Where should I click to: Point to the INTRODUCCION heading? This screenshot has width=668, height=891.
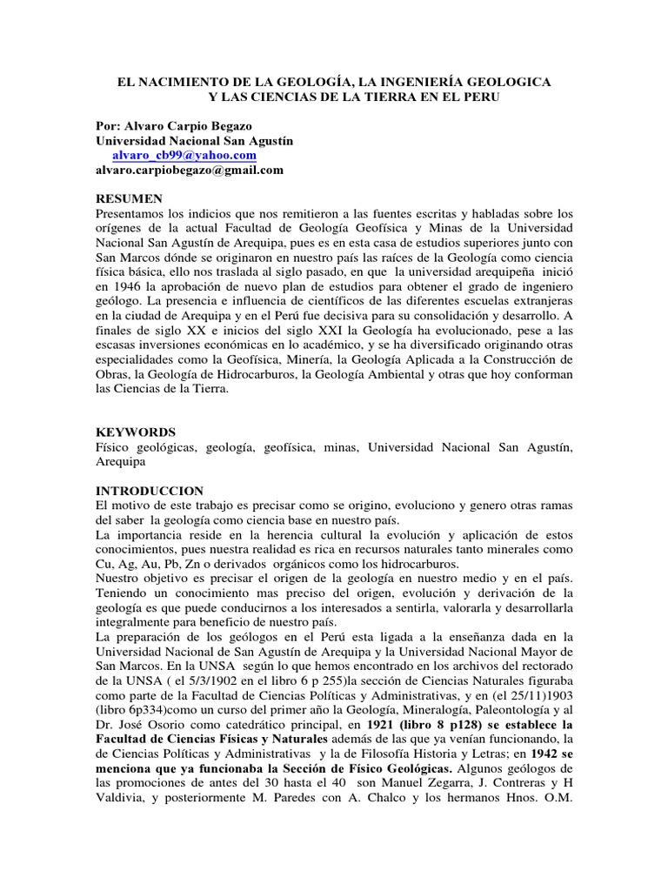click(x=150, y=492)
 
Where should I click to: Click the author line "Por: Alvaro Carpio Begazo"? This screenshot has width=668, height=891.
click(x=174, y=125)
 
